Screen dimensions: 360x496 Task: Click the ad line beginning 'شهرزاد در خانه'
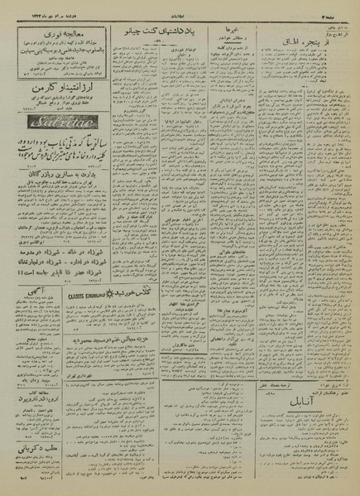coord(61,266)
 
